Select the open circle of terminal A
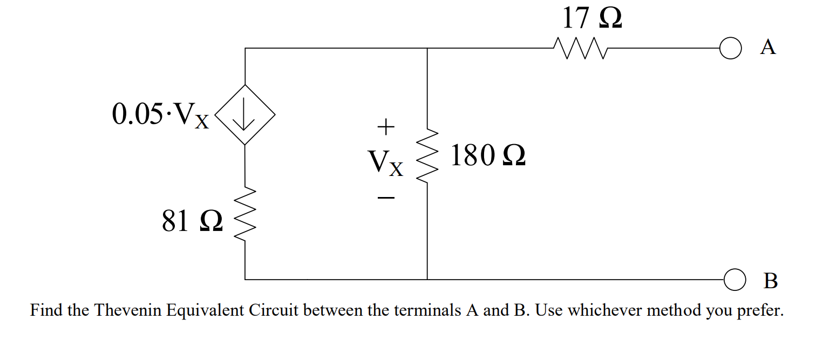728,48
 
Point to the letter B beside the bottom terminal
771,281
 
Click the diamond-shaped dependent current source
245,115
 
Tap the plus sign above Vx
385,128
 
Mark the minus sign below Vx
385,199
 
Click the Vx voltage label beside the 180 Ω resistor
385,162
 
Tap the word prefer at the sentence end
759,311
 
